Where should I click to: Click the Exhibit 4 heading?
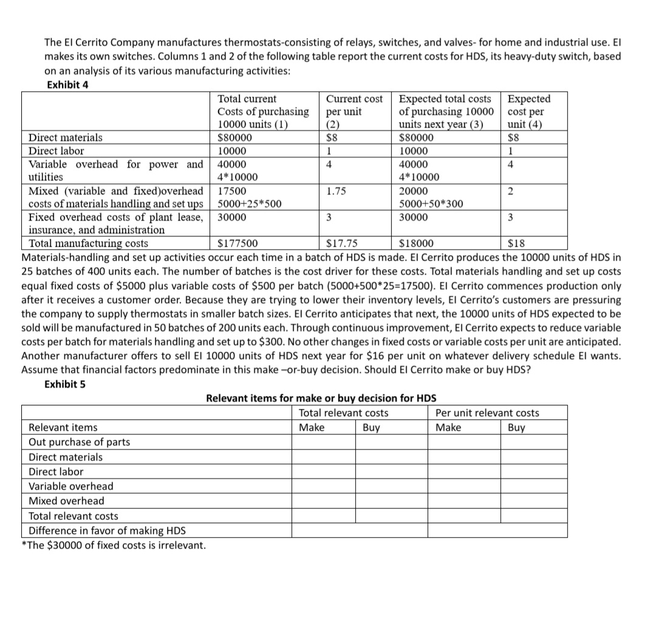(67, 84)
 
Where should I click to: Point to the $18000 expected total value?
(417, 244)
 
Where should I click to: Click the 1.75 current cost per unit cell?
(335, 191)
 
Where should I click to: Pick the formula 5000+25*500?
(249, 204)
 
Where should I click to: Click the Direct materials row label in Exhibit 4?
(66, 138)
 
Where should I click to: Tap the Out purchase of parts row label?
(79, 442)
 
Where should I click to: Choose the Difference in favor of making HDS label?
(108, 530)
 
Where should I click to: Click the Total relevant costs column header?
(344, 413)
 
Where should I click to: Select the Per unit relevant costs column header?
(487, 413)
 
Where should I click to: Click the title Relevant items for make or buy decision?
(321, 399)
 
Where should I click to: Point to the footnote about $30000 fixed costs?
(114, 545)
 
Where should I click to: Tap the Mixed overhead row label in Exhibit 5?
(66, 501)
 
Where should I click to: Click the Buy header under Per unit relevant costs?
(516, 428)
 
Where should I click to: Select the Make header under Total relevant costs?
(312, 428)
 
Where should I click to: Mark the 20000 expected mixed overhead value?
(413, 191)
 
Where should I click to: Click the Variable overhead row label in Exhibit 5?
(70, 486)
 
